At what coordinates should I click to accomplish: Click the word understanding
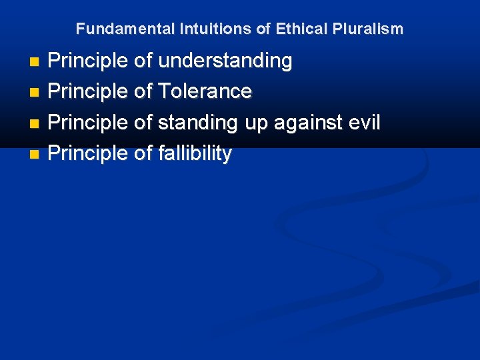point(225,61)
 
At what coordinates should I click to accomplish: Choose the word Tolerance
point(205,91)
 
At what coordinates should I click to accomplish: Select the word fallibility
point(195,153)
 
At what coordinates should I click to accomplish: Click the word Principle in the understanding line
point(88,61)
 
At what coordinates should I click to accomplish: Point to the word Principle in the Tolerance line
point(88,91)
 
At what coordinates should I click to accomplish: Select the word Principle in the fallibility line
point(88,153)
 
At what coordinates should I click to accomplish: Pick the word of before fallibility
point(143,153)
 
